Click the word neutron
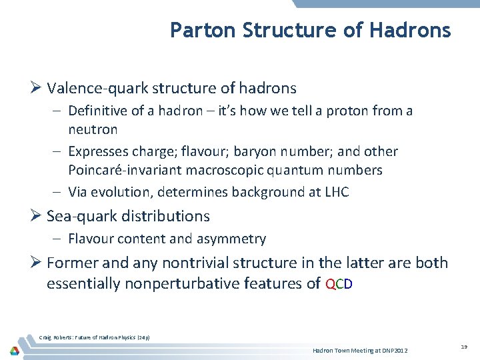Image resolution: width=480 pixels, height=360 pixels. [x=93, y=129]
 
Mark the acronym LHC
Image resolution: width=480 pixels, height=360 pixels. [x=336, y=193]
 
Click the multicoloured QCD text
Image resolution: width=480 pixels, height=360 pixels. [x=339, y=284]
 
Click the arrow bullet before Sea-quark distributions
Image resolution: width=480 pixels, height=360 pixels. [x=36, y=216]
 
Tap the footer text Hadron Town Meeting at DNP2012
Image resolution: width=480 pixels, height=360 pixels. [x=360, y=351]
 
